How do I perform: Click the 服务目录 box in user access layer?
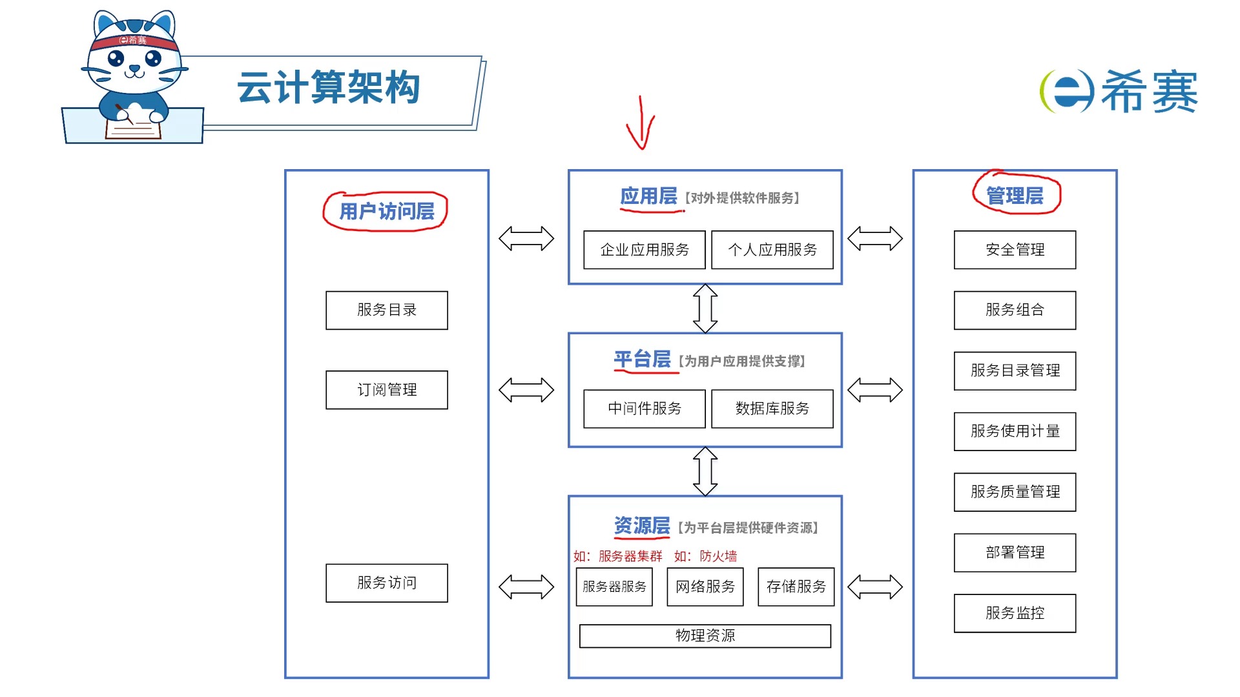(x=386, y=310)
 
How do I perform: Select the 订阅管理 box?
(x=386, y=390)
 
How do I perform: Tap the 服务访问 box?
(x=386, y=583)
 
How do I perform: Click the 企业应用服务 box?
(x=644, y=250)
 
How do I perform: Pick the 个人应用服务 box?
(x=772, y=250)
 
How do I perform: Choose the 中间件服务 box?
(x=644, y=409)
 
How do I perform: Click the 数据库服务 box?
(x=772, y=409)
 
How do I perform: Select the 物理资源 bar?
(x=705, y=636)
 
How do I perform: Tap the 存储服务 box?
(x=796, y=587)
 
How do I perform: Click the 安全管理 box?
(x=1015, y=250)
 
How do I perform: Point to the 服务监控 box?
(x=1015, y=613)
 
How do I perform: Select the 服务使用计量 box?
(x=1015, y=431)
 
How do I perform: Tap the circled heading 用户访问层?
(x=386, y=211)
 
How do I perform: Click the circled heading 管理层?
(x=1015, y=196)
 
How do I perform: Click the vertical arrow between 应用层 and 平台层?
(x=705, y=308)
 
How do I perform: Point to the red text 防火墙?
(x=718, y=556)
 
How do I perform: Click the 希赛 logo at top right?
(x=1119, y=92)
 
